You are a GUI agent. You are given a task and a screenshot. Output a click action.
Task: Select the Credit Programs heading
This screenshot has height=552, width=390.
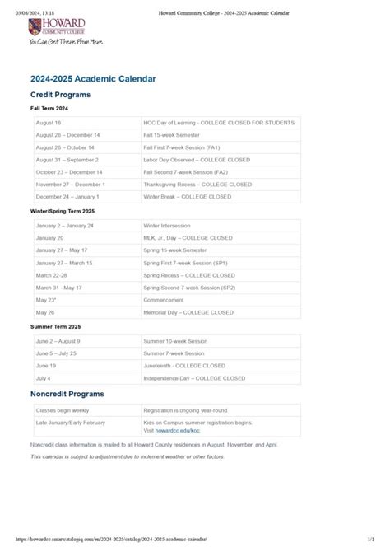61,95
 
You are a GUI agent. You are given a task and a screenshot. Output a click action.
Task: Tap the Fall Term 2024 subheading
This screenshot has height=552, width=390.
49,109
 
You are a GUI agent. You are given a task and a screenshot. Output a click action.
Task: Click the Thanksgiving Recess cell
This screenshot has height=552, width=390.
197,185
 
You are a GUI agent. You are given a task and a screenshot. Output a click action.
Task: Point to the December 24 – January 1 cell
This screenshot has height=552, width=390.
67,197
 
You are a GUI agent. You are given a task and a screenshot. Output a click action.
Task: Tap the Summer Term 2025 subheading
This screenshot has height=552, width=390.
54,327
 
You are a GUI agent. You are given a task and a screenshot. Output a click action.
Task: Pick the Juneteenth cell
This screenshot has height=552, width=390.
183,365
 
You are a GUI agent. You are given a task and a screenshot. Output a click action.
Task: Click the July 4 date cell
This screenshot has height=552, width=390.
44,377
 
